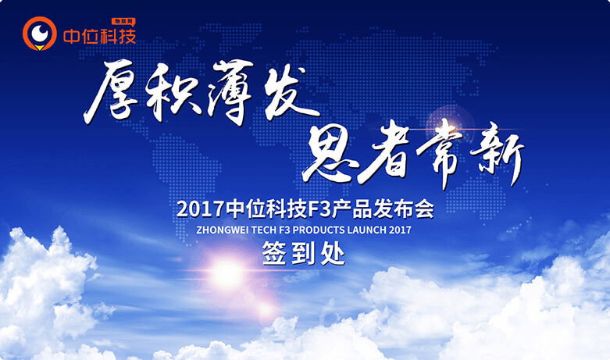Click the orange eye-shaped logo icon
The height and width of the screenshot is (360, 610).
(x=39, y=34)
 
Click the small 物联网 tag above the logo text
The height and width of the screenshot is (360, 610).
(x=123, y=21)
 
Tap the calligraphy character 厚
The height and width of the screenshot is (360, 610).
(x=111, y=91)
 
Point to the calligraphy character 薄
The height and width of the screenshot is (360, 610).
(x=232, y=91)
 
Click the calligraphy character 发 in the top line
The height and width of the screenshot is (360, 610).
(x=290, y=91)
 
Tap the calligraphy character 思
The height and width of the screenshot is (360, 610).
(x=330, y=155)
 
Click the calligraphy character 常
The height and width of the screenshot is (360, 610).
(x=442, y=153)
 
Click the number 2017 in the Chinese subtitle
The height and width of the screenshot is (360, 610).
(x=201, y=209)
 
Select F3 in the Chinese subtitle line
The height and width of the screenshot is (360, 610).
(x=319, y=209)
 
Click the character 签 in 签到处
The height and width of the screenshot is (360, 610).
(x=275, y=254)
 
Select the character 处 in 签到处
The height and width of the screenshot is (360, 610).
(x=333, y=254)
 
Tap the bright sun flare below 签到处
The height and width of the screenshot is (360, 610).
(x=227, y=274)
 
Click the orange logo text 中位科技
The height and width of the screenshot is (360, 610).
(x=100, y=37)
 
